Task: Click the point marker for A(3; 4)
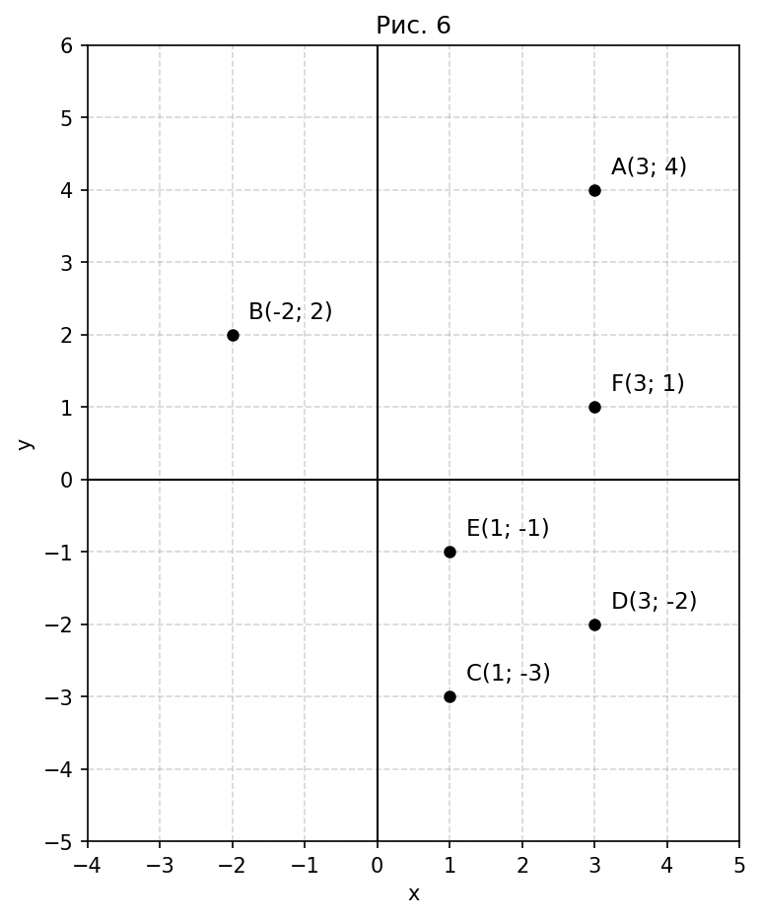pos(594,190)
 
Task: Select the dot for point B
pos(233,335)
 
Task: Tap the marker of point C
pos(449,696)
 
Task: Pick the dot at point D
pos(594,624)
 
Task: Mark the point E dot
pos(449,552)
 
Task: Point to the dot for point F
pos(594,407)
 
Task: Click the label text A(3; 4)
pos(649,167)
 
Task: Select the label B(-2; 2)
pos(290,312)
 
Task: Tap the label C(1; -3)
pos(508,674)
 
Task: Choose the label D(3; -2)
pos(654,602)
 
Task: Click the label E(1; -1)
pos(508,529)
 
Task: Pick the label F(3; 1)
pos(648,384)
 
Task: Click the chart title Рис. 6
pos(413,26)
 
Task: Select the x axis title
pos(414,894)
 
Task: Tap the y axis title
pos(26,444)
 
